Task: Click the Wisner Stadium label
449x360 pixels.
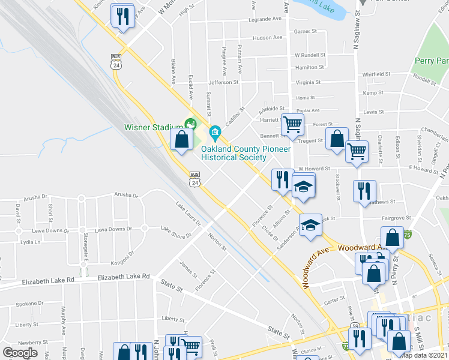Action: [x=153, y=127]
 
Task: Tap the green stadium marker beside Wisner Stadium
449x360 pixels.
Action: [x=191, y=125]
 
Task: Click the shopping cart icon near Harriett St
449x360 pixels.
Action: [x=292, y=125]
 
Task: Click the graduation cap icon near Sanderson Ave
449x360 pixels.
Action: [x=310, y=225]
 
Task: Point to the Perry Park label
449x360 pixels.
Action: [x=431, y=61]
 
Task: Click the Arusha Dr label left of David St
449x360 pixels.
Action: [x=35, y=197]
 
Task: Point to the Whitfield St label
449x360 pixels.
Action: [x=377, y=74]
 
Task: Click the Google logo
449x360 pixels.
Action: [x=20, y=352]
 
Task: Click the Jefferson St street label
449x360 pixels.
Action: [x=223, y=82]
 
